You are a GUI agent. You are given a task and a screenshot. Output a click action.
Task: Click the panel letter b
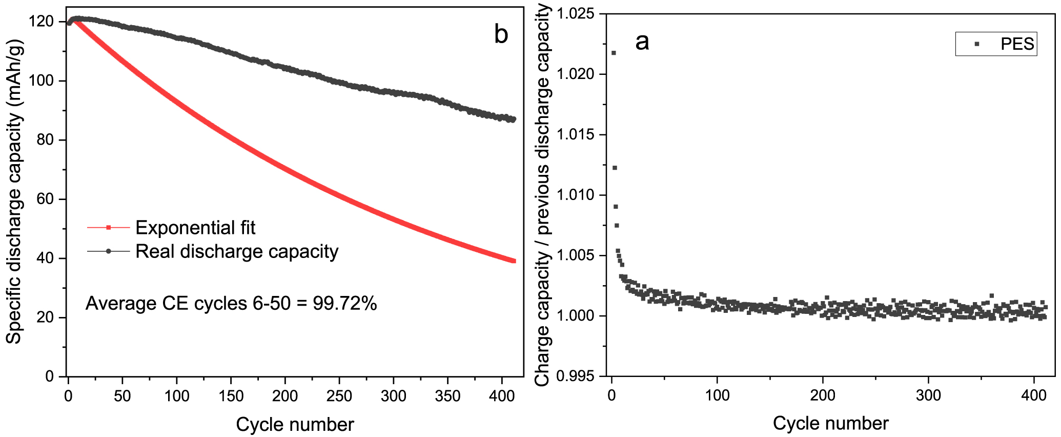[501, 35]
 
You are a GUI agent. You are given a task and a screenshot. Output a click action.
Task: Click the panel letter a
[642, 42]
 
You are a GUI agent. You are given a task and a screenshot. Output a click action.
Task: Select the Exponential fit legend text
[195, 227]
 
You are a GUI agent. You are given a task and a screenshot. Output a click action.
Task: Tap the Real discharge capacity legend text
[237, 251]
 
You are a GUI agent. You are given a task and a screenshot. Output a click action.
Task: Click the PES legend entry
[1017, 44]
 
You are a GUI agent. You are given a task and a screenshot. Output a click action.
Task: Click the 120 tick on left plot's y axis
[42, 22]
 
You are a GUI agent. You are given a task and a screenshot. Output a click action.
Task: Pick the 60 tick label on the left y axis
[45, 199]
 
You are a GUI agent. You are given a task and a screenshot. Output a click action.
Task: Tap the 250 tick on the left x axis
[339, 396]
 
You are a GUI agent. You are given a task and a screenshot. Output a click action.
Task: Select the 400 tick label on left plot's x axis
[501, 396]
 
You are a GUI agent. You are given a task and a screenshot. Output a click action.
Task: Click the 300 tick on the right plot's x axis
[928, 395]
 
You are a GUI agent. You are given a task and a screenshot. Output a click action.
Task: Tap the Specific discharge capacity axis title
[14, 193]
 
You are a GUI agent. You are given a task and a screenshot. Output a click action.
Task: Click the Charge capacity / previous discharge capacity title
[542, 195]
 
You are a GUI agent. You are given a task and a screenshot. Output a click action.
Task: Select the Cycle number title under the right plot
[830, 423]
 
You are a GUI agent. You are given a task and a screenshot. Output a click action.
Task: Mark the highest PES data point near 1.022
[614, 53]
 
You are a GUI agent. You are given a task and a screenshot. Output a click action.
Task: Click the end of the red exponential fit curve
[513, 261]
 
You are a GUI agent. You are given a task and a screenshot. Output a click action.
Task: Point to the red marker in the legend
[108, 227]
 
